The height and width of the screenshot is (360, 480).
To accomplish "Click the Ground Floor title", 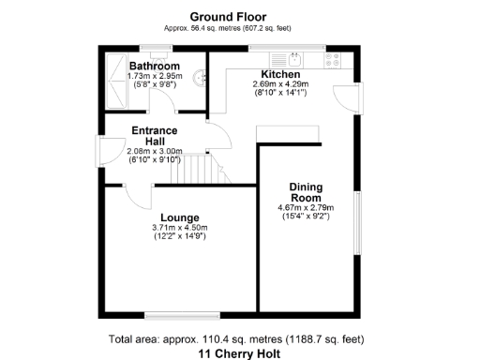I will pyautogui.click(x=228, y=17).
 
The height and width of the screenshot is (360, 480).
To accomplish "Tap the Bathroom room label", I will pyautogui.click(x=154, y=67).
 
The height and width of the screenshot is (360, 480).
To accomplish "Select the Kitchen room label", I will pyautogui.click(x=280, y=74).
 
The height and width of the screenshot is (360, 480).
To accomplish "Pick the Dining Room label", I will pyautogui.click(x=306, y=192).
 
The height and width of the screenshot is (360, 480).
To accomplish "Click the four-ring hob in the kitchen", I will pyautogui.click(x=333, y=58).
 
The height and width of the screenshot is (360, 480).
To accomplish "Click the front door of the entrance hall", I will pyautogui.click(x=100, y=153).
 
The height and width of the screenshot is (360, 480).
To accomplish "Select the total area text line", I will pyautogui.click(x=236, y=338).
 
